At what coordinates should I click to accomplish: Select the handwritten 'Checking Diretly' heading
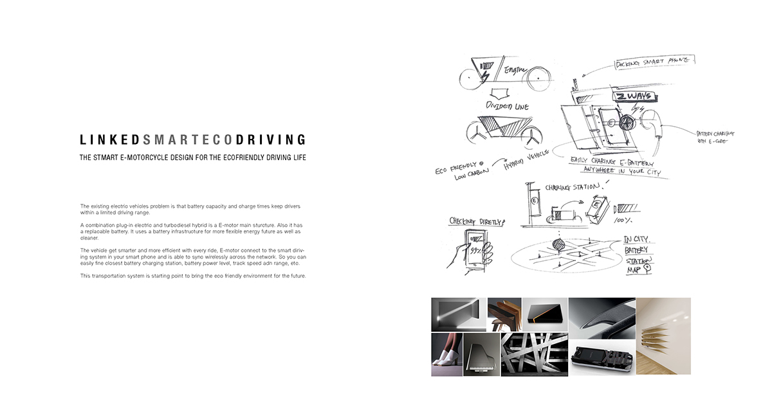coord(477,221)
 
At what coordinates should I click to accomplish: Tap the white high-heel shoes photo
coord(446,354)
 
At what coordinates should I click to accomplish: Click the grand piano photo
coord(481,354)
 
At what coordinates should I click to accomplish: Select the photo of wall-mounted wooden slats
coord(663,336)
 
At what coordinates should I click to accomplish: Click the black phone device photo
coord(601,357)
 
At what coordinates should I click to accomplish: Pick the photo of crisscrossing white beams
coord(534,354)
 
